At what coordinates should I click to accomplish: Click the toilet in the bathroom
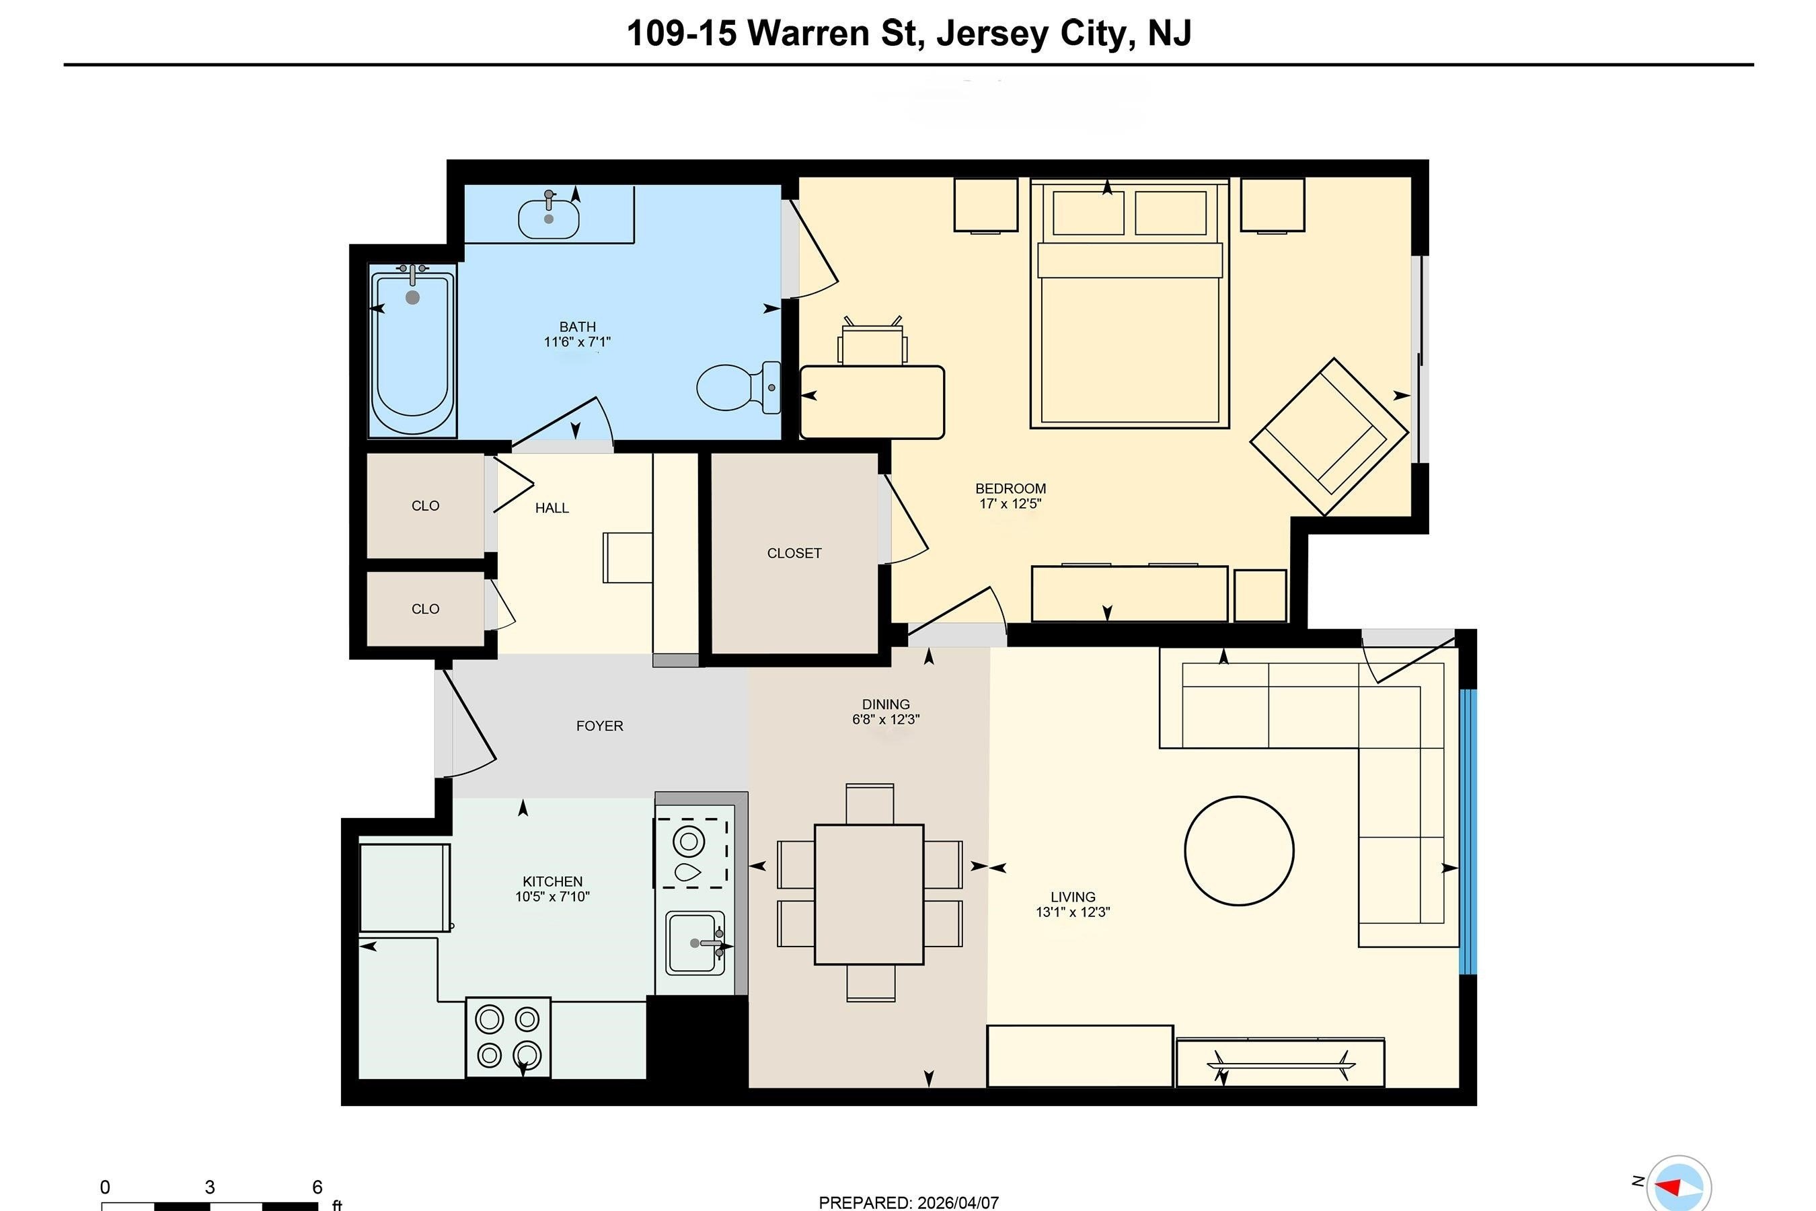pos(738,387)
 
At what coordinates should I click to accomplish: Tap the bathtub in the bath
pos(412,351)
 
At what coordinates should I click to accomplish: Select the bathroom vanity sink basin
pos(548,219)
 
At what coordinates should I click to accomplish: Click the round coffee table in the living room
pos(1238,850)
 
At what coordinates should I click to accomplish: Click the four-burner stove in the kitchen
pos(508,1037)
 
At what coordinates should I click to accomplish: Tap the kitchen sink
pos(695,943)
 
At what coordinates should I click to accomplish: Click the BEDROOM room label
pos(1010,489)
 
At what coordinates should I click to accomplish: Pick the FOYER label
pos(599,726)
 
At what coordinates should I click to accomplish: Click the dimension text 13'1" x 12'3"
pos(1073,912)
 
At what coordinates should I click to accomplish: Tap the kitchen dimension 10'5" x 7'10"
pos(552,897)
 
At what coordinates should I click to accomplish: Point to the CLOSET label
pos(794,553)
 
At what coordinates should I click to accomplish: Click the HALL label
pos(552,508)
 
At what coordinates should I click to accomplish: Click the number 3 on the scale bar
pos(209,1187)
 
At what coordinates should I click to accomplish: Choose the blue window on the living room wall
pos(1468,831)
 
